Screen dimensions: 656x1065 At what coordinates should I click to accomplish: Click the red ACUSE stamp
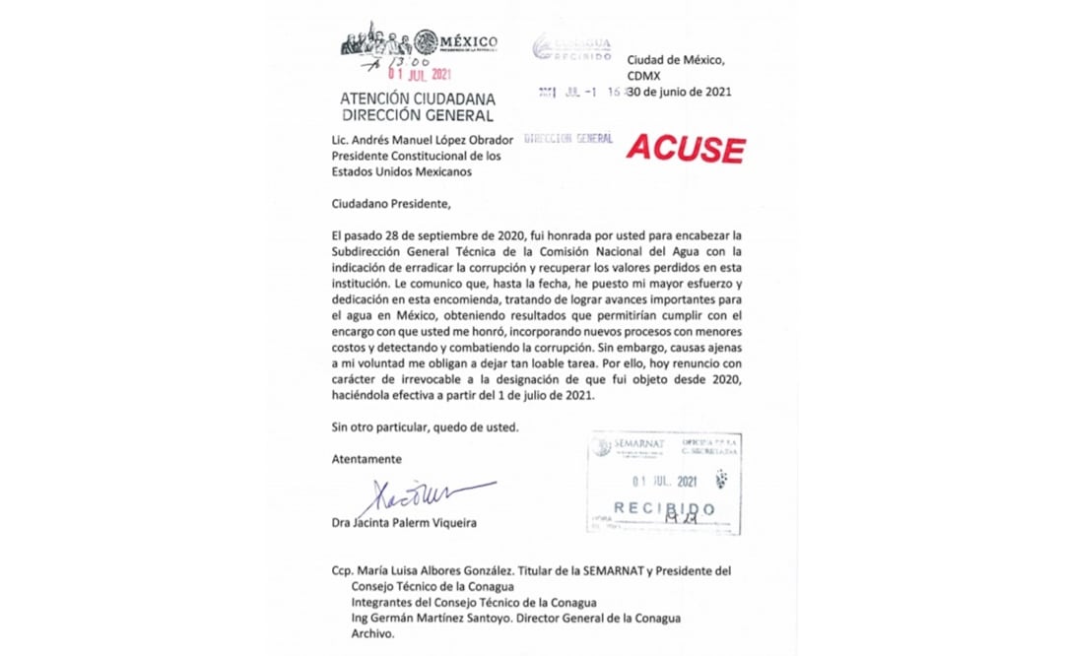(x=685, y=148)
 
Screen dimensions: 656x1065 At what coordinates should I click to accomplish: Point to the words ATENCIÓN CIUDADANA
(x=417, y=99)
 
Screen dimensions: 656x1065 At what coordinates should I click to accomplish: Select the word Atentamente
(x=366, y=459)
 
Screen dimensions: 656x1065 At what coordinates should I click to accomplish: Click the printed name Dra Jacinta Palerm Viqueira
(x=404, y=523)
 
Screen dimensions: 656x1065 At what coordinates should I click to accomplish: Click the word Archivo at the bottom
(x=373, y=634)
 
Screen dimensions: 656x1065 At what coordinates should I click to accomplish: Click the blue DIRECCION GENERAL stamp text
(x=570, y=139)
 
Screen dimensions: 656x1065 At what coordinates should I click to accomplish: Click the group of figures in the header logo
(x=375, y=40)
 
